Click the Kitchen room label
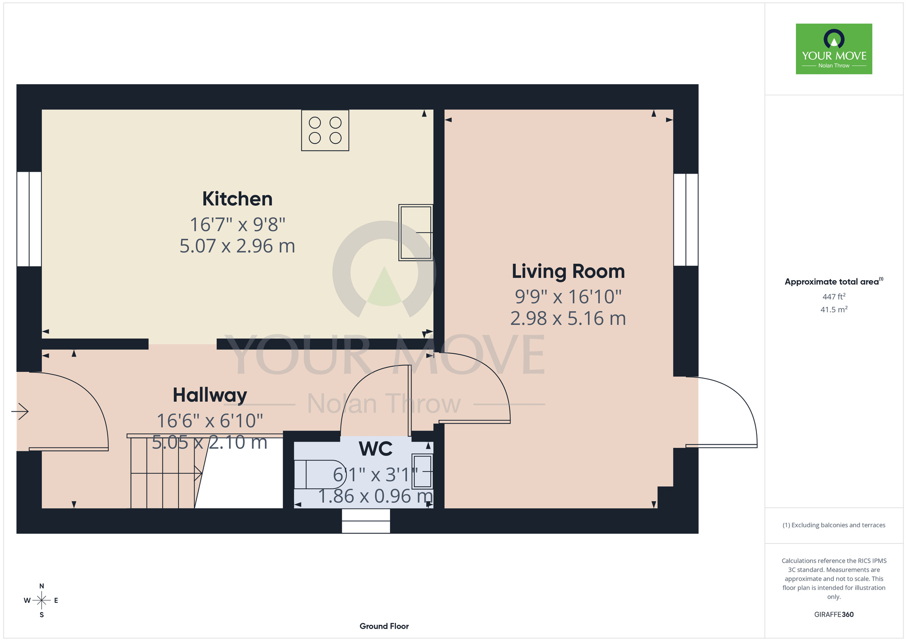237,199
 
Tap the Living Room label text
568,272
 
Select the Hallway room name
210,395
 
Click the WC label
375,449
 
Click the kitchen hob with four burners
325,130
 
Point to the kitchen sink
415,233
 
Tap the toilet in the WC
320,474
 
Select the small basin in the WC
422,471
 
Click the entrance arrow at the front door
20,412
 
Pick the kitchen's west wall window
29,219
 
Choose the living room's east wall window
686,219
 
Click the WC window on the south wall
366,521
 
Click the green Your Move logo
834,49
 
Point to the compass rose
41,601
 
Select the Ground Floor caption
384,626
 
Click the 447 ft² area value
834,296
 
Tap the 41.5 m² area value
834,310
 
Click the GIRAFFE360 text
834,615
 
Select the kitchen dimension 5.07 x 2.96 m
237,246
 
